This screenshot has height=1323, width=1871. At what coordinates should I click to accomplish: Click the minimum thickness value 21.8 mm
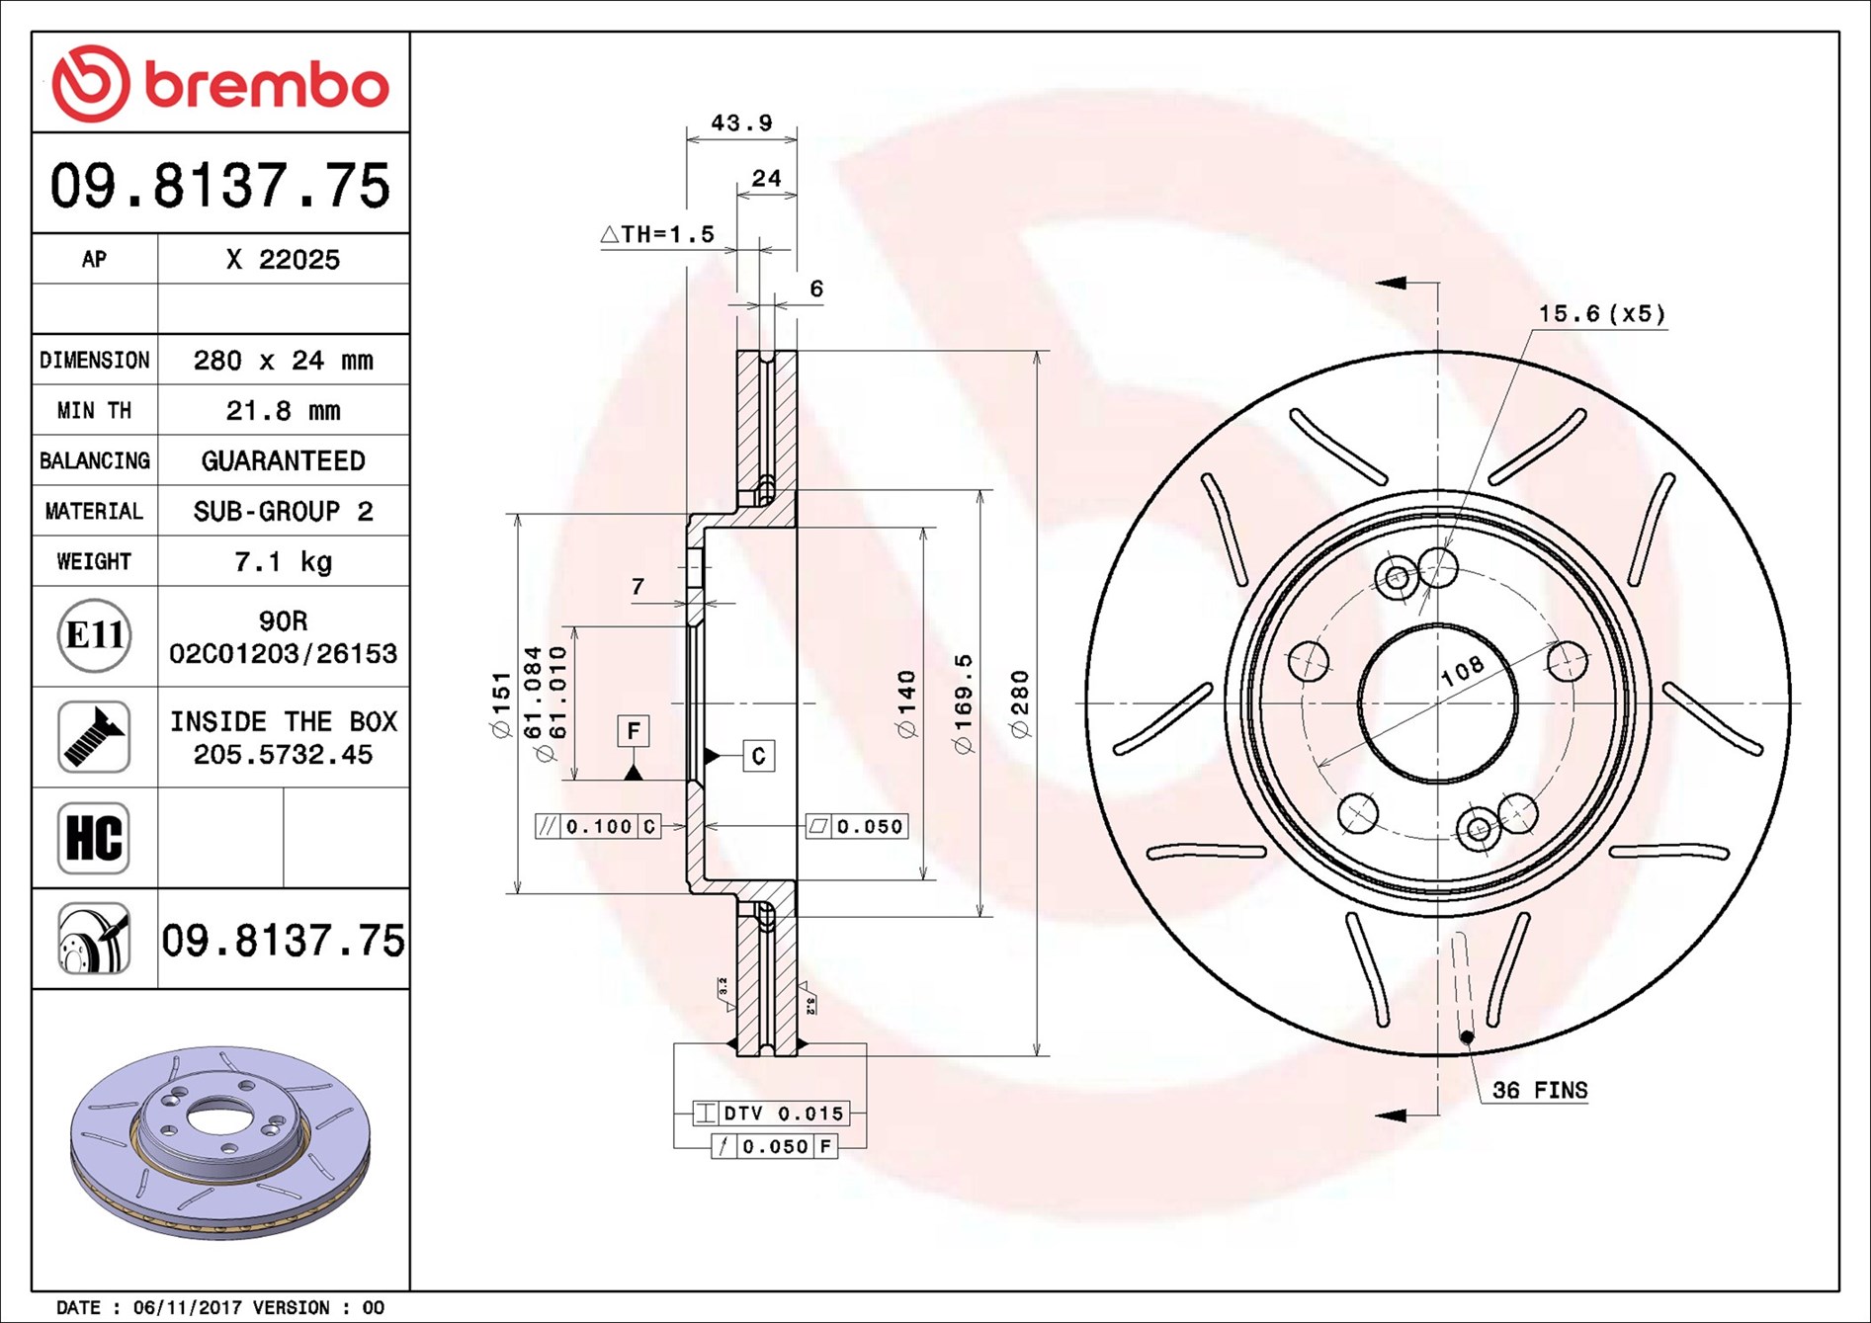click(283, 410)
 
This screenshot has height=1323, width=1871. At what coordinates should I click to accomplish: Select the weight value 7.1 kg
click(283, 561)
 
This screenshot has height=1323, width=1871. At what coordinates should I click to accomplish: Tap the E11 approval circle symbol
click(94, 635)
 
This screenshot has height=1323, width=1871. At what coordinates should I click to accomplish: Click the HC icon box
click(94, 838)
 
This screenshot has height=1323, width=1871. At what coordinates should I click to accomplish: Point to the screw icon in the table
click(94, 737)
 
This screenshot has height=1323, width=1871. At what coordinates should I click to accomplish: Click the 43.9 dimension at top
click(741, 124)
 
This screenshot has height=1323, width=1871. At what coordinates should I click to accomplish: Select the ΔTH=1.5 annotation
click(657, 234)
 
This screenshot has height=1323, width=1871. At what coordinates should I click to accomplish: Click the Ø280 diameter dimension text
click(1020, 703)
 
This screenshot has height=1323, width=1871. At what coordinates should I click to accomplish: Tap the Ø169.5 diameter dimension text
click(964, 703)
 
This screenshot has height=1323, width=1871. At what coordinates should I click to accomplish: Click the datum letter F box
click(634, 731)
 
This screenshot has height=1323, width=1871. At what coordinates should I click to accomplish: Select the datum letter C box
click(758, 756)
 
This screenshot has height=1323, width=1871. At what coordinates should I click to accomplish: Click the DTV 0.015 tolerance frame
click(770, 1114)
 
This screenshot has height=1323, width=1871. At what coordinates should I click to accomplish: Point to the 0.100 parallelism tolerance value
click(599, 826)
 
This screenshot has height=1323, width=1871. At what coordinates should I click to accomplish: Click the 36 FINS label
click(1539, 1090)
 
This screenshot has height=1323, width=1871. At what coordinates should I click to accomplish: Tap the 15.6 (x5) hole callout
click(1601, 314)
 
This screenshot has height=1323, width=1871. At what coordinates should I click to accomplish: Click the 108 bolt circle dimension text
click(1462, 671)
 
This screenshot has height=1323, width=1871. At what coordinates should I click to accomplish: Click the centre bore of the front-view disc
click(1437, 703)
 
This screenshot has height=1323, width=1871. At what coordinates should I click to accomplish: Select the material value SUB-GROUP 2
click(283, 511)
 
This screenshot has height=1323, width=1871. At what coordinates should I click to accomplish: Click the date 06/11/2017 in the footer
click(187, 1307)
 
